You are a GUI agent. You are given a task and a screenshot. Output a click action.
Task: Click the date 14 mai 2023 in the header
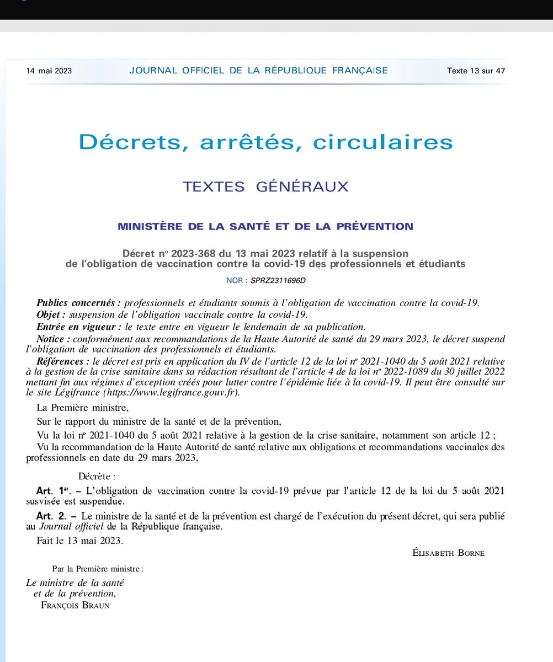pos(49,71)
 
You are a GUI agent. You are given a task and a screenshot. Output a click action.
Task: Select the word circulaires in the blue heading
pos(383,142)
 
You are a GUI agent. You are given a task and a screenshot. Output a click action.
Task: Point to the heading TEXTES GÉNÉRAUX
pos(265,187)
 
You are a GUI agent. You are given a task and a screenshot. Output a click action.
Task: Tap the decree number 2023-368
pos(193,253)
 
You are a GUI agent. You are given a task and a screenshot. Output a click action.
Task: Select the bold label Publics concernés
pos(79,303)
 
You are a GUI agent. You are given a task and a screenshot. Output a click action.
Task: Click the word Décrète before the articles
pos(97,476)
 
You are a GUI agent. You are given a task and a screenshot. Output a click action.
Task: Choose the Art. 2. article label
pos(51,516)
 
